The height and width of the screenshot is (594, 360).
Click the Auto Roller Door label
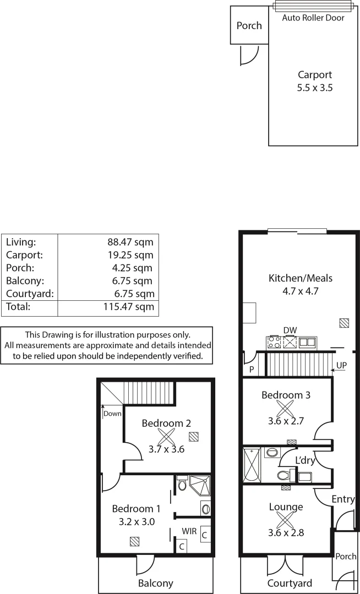pos(313,18)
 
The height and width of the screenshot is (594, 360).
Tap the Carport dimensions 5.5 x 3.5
pos(315,87)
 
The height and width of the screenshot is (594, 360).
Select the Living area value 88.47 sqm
pos(130,241)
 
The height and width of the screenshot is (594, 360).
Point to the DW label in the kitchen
pos(290,330)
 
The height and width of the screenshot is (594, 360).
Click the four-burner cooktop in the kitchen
pos(274,343)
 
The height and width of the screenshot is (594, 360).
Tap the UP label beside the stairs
pos(342,365)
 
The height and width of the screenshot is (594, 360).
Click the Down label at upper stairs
pos(112,414)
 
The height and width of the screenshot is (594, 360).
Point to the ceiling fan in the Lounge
pos(285,520)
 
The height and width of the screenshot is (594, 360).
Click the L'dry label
pos(304,459)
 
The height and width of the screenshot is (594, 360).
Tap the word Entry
pos(343,499)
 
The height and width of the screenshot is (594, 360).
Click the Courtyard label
pos(290,584)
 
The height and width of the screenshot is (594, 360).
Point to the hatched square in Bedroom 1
pos(134,541)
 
